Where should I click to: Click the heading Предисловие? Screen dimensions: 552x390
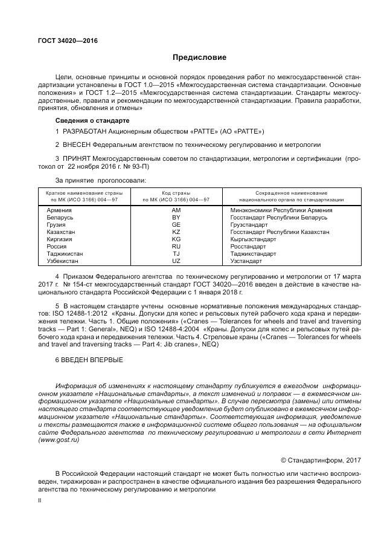coord(199,58)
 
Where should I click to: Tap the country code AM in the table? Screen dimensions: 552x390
coord(176,210)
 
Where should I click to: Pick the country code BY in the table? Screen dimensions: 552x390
coord(176,217)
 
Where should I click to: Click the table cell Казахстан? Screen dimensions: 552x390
coord(62,232)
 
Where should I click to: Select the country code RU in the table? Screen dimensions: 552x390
coord(176,247)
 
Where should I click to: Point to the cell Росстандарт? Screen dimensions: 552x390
coord(249,247)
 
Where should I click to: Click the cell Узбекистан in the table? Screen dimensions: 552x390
coord(63,261)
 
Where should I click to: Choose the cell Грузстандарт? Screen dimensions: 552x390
coord(249,224)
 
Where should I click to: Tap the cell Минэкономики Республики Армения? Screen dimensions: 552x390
coord(281,210)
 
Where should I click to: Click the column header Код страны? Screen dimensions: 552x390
coord(176,192)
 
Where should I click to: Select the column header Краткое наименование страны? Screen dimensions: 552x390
coord(84,192)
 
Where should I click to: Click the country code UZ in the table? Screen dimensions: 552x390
coord(176,261)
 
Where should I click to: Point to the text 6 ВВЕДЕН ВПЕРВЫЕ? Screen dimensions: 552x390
coord(89,360)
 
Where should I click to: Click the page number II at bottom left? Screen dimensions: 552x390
coord(39,501)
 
